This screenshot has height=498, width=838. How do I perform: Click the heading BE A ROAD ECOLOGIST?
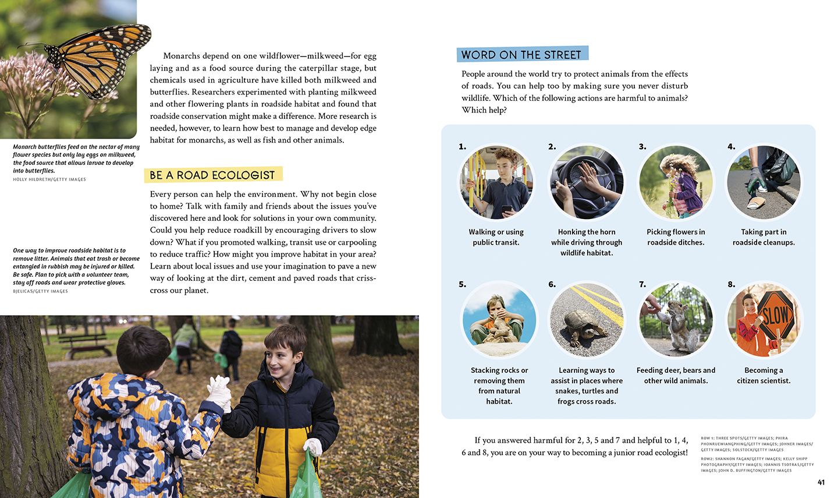[212, 175]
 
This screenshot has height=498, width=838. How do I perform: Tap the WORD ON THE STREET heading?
[521, 55]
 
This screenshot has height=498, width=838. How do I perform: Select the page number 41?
[821, 482]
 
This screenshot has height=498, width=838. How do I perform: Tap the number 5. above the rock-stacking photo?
[462, 284]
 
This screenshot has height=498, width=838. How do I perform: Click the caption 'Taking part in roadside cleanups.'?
[764, 237]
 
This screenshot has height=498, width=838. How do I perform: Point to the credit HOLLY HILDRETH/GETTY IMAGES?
[49, 179]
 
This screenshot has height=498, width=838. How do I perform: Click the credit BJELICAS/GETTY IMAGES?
[40, 291]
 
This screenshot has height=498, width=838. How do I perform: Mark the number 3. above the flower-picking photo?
[642, 147]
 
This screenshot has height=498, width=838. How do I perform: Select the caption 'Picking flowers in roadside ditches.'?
[676, 237]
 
